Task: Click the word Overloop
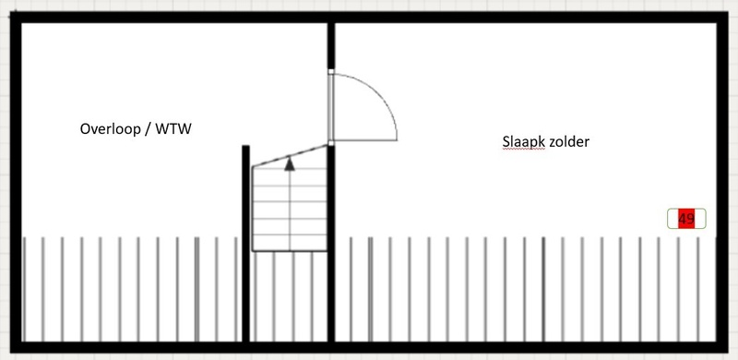point(112,130)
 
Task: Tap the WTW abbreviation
point(175,130)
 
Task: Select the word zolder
point(567,141)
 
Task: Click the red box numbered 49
point(685,219)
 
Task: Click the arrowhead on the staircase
point(290,164)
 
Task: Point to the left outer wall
point(16,185)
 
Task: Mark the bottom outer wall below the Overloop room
point(129,346)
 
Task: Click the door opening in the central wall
point(331,106)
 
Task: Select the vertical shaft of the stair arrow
point(290,208)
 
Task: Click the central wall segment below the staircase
point(331,295)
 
